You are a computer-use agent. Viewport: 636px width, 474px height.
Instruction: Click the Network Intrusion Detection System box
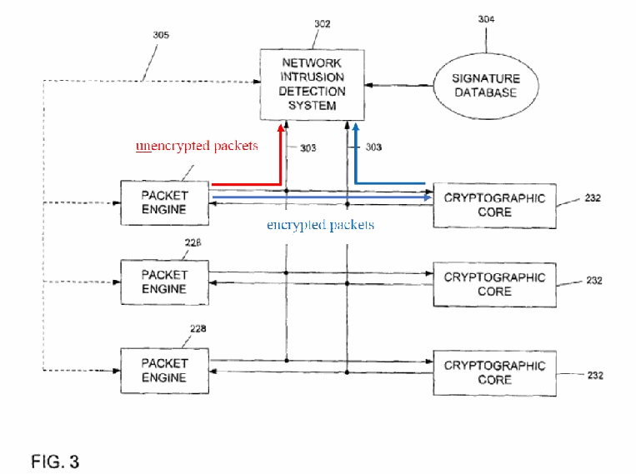(x=312, y=85)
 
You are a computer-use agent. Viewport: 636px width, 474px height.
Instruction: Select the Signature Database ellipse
(x=486, y=86)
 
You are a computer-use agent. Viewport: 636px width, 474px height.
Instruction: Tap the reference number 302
(x=323, y=24)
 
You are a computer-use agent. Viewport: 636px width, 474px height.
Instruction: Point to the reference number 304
(x=486, y=19)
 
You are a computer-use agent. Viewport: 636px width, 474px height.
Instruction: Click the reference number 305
(x=161, y=35)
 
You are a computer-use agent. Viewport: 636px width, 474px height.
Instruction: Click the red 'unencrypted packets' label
(x=197, y=146)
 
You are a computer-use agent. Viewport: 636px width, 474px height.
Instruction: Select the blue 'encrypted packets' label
(x=320, y=225)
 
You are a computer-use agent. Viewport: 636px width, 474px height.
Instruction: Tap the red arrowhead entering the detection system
(x=281, y=128)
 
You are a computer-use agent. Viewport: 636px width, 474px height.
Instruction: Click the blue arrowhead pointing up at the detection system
(x=356, y=128)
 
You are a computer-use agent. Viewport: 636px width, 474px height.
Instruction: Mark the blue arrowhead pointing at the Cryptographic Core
(x=428, y=197)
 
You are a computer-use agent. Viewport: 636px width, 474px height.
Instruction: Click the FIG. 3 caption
(x=55, y=462)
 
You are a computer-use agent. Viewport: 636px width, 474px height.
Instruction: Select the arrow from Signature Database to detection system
(x=398, y=85)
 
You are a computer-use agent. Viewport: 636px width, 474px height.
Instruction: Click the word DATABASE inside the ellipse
(x=485, y=92)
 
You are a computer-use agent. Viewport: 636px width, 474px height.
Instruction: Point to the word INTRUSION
(x=313, y=77)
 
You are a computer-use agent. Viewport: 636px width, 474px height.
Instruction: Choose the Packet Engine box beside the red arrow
(x=165, y=202)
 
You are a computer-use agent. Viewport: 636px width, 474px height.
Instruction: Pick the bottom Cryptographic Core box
(x=494, y=373)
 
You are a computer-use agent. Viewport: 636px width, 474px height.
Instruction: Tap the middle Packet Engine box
(x=165, y=282)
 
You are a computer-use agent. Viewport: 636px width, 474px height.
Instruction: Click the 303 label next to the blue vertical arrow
(x=373, y=147)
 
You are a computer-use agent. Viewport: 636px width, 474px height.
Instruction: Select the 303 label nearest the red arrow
(x=308, y=148)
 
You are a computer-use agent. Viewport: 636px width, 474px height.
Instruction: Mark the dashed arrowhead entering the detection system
(x=257, y=82)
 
